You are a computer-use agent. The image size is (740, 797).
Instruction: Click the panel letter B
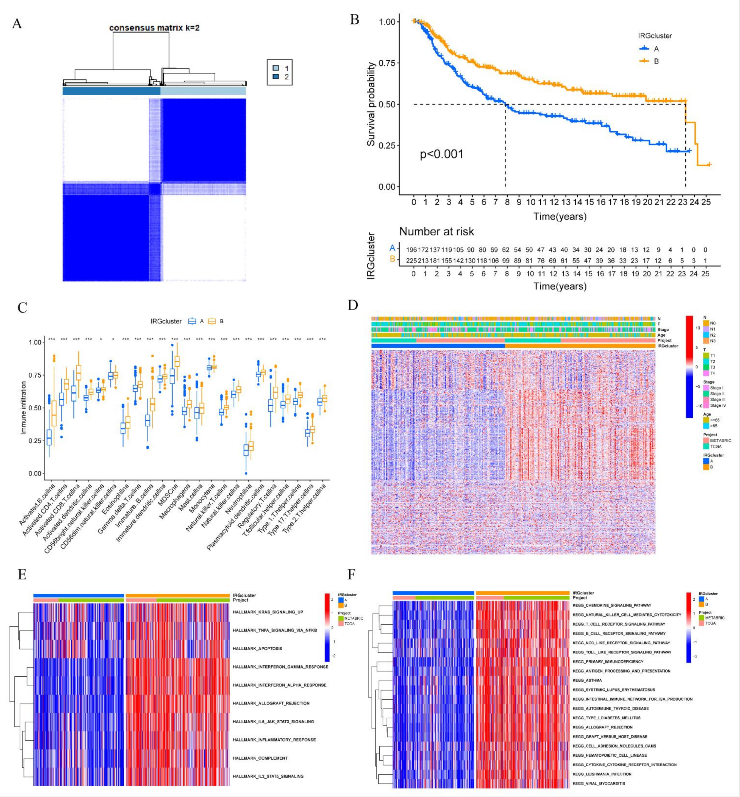pos(354,20)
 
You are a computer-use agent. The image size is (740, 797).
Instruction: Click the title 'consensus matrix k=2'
pos(154,28)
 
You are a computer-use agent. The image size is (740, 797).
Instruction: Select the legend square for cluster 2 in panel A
pos(276,76)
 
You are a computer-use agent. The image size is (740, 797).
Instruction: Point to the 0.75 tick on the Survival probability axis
pos(387,63)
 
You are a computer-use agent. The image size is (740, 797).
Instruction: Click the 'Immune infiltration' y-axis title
pos(23,408)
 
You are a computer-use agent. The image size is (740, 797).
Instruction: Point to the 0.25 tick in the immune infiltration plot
pos(35,440)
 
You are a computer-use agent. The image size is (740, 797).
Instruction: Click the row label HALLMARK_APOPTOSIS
pos(257,648)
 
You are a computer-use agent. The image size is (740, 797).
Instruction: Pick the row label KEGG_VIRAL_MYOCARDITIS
pos(599,783)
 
